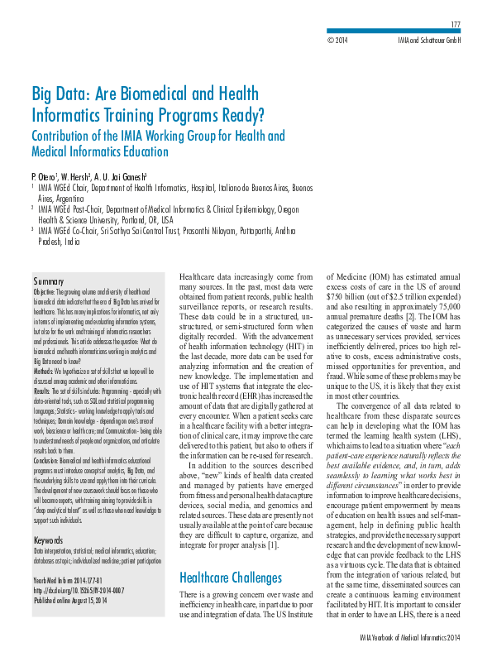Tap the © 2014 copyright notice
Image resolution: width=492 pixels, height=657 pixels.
click(x=337, y=40)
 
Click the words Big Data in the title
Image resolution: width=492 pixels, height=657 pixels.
click(x=62, y=93)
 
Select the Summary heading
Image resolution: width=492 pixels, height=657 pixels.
click(x=48, y=282)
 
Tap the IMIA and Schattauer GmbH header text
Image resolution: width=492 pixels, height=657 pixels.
click(x=431, y=40)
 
